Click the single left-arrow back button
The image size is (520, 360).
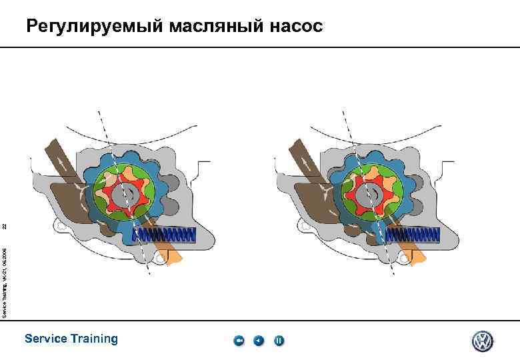259,341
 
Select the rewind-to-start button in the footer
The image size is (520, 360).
239,341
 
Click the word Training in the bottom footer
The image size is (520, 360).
92,339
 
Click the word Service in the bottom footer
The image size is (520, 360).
45,339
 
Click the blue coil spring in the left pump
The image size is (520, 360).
165,235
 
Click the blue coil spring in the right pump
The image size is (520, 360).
411,235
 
